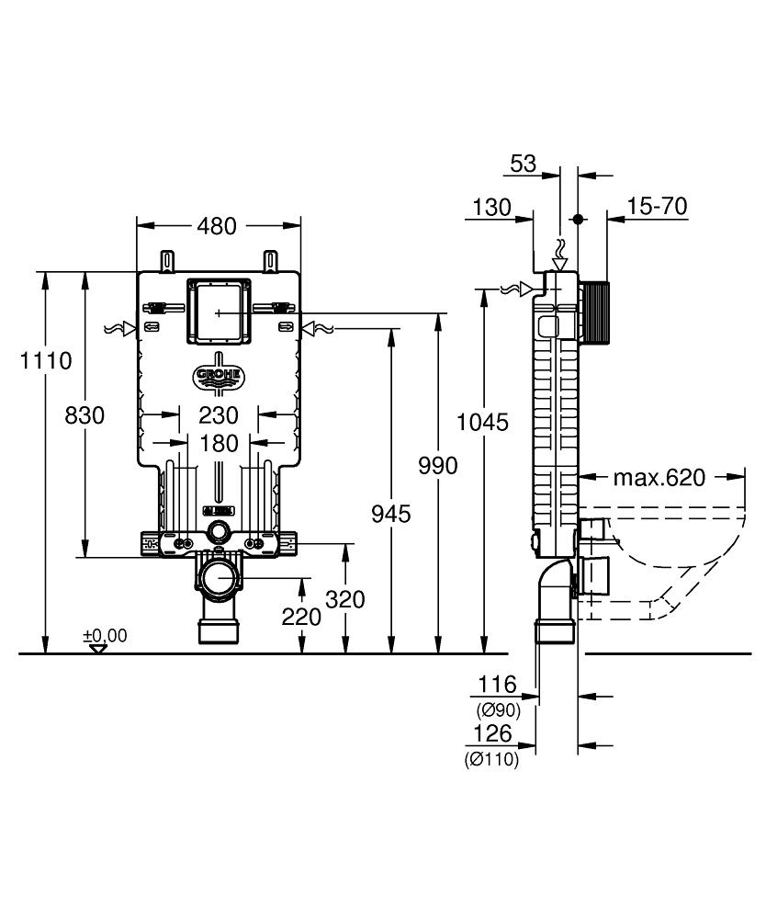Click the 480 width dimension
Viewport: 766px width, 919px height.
(x=218, y=225)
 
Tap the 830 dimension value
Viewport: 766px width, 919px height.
(x=85, y=415)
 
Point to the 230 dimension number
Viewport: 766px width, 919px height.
(x=219, y=415)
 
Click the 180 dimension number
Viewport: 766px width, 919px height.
(x=219, y=444)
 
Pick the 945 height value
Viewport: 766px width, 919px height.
(x=391, y=512)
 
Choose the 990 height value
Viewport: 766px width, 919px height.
(x=437, y=466)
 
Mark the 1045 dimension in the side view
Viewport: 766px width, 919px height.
(x=483, y=422)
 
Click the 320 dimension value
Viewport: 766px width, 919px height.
(x=345, y=599)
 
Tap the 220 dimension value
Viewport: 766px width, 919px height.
(x=301, y=617)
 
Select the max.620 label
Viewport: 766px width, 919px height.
(x=659, y=477)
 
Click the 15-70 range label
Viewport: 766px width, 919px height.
(x=658, y=206)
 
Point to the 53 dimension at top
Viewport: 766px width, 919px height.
(x=523, y=164)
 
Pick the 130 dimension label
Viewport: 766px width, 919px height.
(x=492, y=207)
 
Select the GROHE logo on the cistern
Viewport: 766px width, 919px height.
(x=218, y=375)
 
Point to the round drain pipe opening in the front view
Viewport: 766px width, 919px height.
(x=219, y=578)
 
